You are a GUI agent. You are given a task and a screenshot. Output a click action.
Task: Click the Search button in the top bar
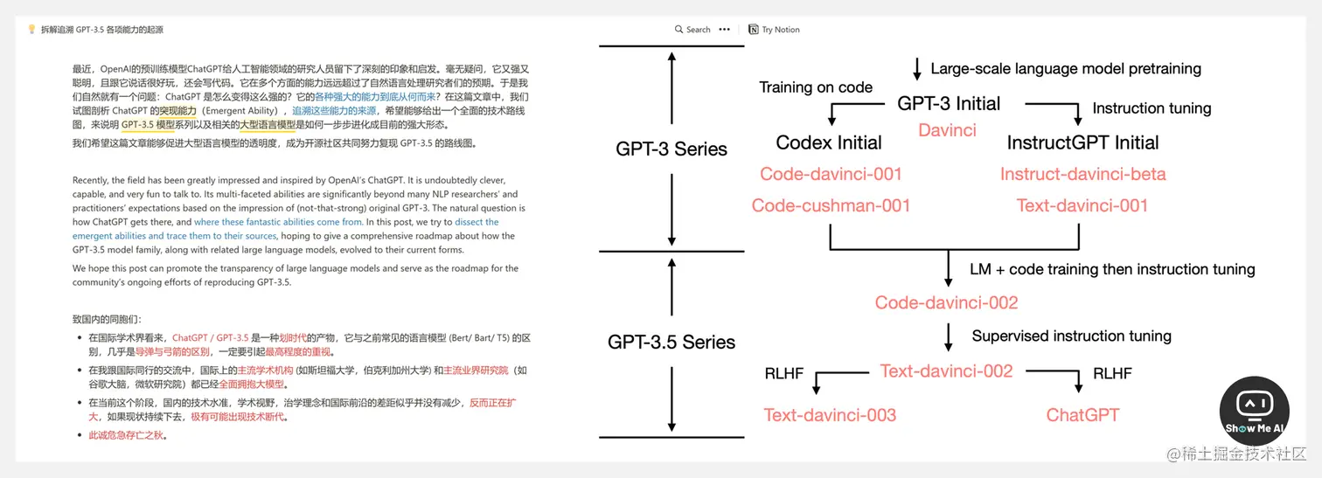click(x=692, y=30)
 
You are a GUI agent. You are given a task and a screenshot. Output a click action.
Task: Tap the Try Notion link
click(x=775, y=30)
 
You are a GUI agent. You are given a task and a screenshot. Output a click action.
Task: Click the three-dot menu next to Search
click(x=724, y=30)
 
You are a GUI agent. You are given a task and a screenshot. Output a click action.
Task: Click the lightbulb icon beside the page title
click(x=31, y=30)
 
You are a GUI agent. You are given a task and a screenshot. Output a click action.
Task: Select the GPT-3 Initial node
click(x=949, y=103)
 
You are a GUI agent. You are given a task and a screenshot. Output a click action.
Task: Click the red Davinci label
click(x=947, y=130)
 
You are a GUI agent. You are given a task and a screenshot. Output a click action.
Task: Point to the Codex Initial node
click(x=829, y=142)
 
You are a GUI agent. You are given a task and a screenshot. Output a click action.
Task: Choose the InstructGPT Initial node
click(x=1082, y=142)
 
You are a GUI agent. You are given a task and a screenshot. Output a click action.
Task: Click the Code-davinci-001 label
click(x=831, y=174)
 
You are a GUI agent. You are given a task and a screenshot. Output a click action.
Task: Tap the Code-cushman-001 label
click(x=831, y=206)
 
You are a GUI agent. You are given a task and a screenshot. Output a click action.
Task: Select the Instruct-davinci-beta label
click(x=1082, y=174)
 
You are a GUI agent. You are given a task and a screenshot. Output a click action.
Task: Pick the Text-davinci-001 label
click(x=1082, y=206)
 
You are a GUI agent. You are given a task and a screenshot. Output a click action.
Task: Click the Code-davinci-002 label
click(x=946, y=303)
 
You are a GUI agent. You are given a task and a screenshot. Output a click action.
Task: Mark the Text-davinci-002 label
click(x=946, y=371)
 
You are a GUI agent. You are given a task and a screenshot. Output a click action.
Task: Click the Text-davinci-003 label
click(x=830, y=415)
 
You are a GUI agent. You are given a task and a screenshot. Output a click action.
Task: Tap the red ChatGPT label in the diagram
click(x=1082, y=415)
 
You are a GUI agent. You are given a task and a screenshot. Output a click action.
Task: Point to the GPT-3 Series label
click(x=671, y=149)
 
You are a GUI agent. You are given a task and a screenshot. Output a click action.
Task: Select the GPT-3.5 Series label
click(x=671, y=342)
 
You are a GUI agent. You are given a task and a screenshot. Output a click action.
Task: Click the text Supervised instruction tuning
click(x=1071, y=336)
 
